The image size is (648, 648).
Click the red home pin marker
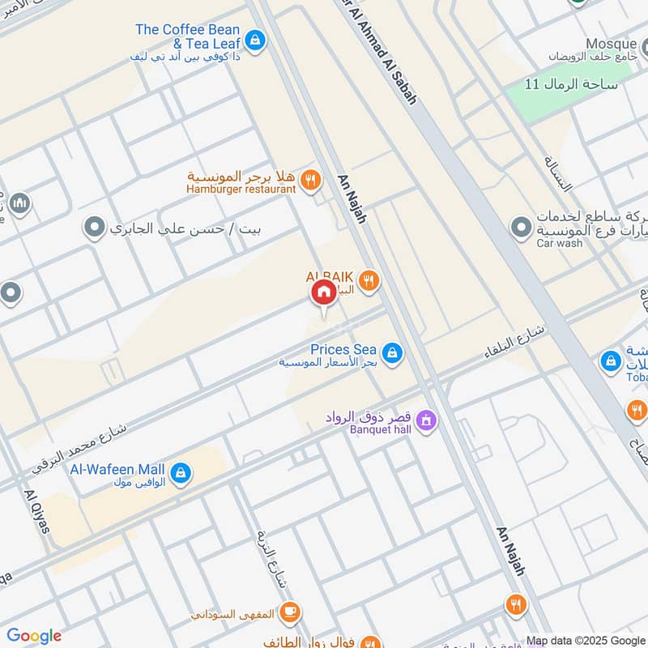[322, 294]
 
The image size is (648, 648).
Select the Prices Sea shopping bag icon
[392, 354]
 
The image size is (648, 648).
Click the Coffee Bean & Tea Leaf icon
[255, 39]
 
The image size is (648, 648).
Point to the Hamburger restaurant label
[241, 189]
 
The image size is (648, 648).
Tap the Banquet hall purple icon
[427, 420]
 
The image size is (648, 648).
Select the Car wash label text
[559, 243]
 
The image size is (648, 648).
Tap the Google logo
[33, 636]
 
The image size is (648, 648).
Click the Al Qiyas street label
[37, 511]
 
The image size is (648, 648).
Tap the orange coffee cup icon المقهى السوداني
[290, 612]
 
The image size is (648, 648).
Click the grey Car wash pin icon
[520, 228]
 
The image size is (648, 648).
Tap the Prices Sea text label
[343, 349]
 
